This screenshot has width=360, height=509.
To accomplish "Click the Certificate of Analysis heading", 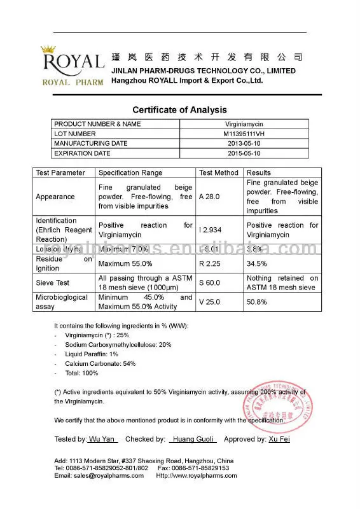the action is coord(179,110).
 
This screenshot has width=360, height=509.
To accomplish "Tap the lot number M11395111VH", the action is coord(245,134).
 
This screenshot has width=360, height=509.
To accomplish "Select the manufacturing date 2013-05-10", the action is coord(245,144).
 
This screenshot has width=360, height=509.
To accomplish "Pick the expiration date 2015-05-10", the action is coord(245,153).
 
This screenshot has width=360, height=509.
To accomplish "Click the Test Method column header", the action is coord(219,172).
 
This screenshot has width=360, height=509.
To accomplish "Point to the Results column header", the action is coord(259,172).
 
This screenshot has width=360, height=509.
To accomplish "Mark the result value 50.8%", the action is coord(256,302).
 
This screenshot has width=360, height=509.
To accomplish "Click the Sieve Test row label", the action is coord(53,282).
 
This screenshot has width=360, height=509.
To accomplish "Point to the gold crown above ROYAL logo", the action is coord(50,49).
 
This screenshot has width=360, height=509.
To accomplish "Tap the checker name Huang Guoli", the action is coord(193,439).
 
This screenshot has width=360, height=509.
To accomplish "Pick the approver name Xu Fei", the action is coord(279,439).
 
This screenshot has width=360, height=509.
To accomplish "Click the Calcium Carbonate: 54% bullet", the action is coord(100,363).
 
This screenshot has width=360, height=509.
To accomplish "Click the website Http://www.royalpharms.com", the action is coord(196,475).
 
